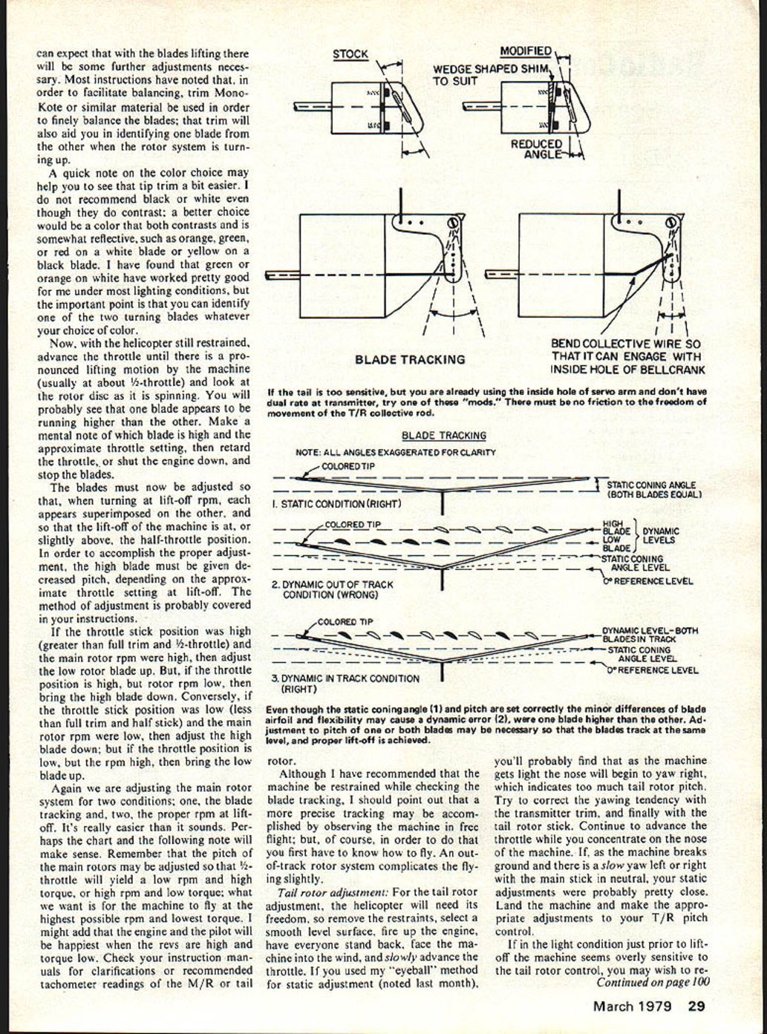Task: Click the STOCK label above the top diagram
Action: point(350,54)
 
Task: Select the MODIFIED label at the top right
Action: point(525,51)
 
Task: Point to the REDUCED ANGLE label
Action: point(537,148)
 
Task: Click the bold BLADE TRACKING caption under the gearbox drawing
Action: point(410,359)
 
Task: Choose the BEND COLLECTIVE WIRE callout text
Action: point(627,357)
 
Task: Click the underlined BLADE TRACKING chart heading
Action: point(443,436)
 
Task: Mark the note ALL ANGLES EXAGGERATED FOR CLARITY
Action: point(395,452)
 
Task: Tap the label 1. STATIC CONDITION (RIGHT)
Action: point(336,504)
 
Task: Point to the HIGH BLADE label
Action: point(616,527)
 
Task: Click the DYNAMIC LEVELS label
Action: point(660,535)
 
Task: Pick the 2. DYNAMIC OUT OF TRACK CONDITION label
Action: point(332,589)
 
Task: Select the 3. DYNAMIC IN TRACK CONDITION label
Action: point(345,683)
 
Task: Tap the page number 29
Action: point(696,1007)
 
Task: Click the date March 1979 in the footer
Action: point(632,1007)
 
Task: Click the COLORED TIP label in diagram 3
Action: point(345,622)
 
